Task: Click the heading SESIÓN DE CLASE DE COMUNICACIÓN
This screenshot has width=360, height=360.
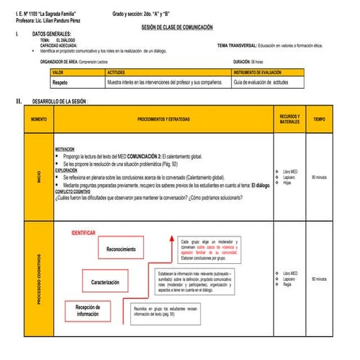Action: coord(177,26)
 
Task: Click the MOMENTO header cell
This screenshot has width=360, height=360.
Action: coord(39,119)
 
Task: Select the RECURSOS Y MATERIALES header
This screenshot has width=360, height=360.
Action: coord(289,119)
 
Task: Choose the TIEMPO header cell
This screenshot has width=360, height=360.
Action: coord(319,119)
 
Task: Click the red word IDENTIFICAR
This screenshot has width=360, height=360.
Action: coord(84,233)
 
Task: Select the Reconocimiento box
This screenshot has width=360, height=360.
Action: coord(121,249)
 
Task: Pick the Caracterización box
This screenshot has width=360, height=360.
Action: coord(110,281)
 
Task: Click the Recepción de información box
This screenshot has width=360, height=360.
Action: coord(88,311)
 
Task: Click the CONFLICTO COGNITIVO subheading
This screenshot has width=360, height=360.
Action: coord(74,191)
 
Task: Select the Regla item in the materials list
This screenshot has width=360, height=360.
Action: coord(288,284)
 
